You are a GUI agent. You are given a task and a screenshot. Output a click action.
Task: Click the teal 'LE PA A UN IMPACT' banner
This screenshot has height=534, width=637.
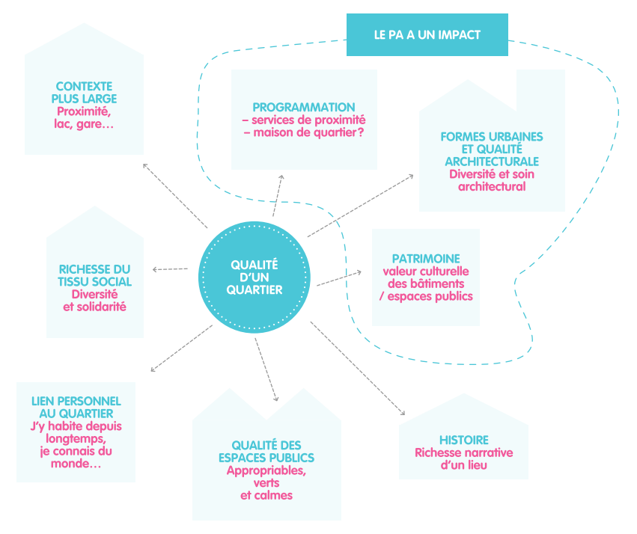pyautogui.click(x=427, y=34)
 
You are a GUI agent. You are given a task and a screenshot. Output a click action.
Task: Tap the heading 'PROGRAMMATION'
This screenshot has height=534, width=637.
pyautogui.click(x=303, y=107)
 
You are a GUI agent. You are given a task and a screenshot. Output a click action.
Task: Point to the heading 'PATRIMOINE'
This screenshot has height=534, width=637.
pyautogui.click(x=425, y=259)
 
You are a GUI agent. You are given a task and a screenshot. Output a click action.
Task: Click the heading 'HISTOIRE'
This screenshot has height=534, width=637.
pyautogui.click(x=463, y=440)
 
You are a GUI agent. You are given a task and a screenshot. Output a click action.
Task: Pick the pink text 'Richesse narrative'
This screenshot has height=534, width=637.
pyautogui.click(x=463, y=452)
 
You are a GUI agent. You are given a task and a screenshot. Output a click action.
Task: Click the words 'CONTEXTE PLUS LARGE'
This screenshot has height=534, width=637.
pyautogui.click(x=84, y=92)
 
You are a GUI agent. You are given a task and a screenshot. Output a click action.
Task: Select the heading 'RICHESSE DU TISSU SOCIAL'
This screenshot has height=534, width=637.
pyautogui.click(x=95, y=275)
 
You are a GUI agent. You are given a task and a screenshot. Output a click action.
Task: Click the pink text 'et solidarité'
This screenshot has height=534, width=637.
pyautogui.click(x=95, y=307)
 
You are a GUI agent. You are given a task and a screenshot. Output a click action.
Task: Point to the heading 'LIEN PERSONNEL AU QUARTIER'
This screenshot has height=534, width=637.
pyautogui.click(x=75, y=407)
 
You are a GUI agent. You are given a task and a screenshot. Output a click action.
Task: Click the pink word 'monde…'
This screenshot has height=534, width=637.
pyautogui.click(x=75, y=464)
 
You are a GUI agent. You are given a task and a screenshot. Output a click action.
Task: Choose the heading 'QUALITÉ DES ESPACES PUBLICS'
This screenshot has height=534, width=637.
pyautogui.click(x=266, y=451)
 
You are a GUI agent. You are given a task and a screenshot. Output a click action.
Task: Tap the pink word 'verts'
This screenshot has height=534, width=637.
pyautogui.click(x=266, y=483)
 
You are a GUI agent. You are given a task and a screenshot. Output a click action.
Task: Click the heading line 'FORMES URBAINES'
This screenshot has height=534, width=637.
pyautogui.click(x=492, y=137)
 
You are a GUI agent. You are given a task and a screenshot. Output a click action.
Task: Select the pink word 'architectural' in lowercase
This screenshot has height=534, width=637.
pyautogui.click(x=492, y=186)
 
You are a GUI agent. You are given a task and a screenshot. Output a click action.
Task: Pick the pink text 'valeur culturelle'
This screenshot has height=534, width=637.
pyautogui.click(x=425, y=271)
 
